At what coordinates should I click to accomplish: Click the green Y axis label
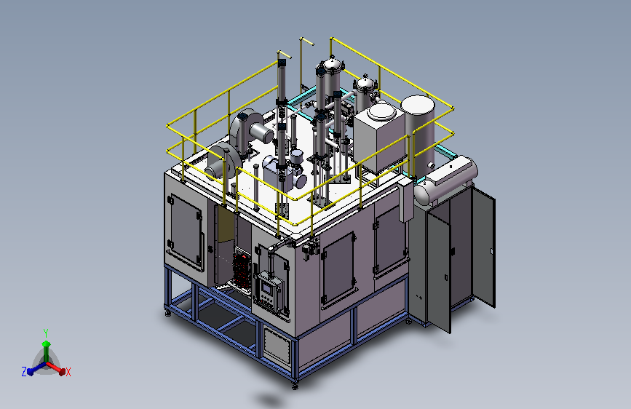(46, 333)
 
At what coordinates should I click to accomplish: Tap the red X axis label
(68, 372)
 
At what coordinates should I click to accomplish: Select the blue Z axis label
(24, 372)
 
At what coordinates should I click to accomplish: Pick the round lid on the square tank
(381, 111)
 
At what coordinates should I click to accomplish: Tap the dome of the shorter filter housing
(365, 83)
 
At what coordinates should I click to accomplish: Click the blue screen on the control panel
(266, 288)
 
